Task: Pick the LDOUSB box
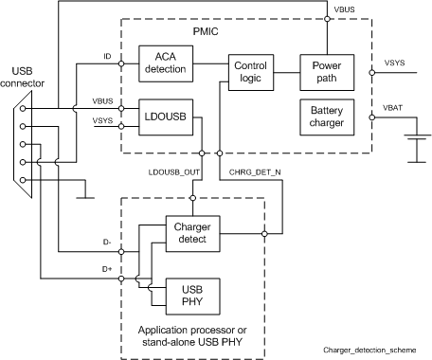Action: pos(166,116)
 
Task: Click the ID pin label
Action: pos(108,58)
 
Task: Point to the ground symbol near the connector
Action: pos(86,198)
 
